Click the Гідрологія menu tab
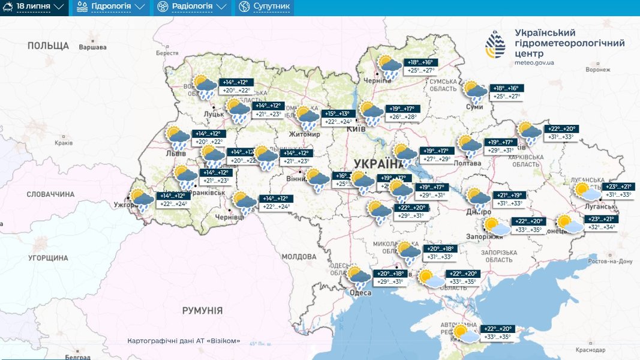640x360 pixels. (x=111, y=7)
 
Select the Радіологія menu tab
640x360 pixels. (x=192, y=7)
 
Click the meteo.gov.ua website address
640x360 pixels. (x=534, y=62)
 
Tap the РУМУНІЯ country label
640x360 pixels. (x=202, y=310)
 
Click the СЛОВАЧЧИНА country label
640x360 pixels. (x=50, y=194)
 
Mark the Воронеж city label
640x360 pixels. (x=597, y=70)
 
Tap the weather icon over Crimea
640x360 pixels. (x=465, y=334)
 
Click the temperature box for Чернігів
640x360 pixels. (x=420, y=67)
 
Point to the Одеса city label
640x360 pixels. (x=360, y=293)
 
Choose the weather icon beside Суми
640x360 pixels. (x=475, y=92)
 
